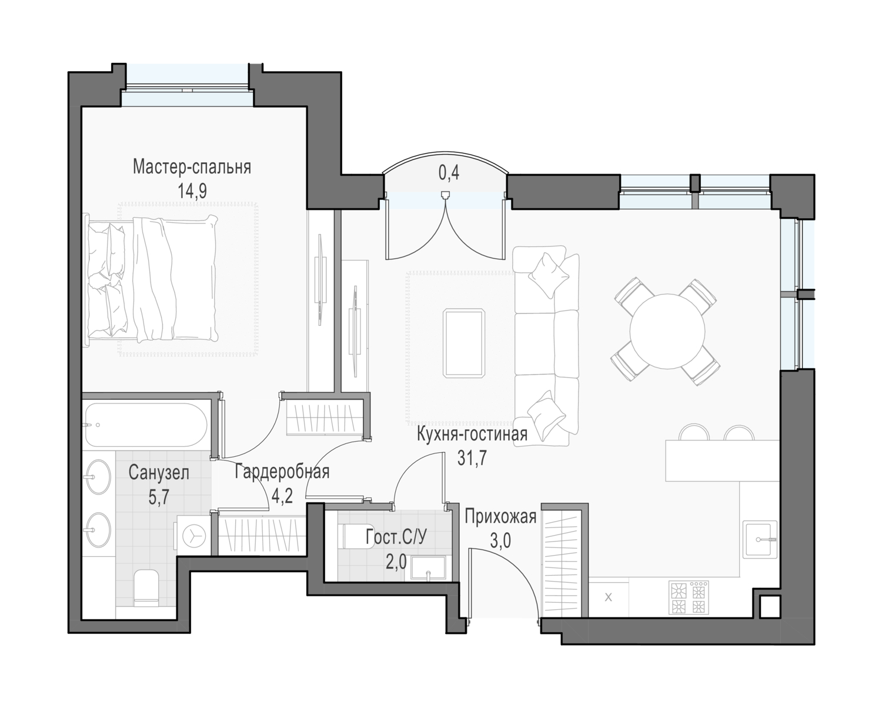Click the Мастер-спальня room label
192,168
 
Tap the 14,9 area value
192,191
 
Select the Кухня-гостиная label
472,434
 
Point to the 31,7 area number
472,458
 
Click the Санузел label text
159,473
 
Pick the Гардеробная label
282,472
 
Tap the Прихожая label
500,517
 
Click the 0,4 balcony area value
449,173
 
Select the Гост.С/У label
396,537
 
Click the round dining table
667,331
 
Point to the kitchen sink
760,539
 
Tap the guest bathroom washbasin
428,568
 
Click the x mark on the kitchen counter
608,597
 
